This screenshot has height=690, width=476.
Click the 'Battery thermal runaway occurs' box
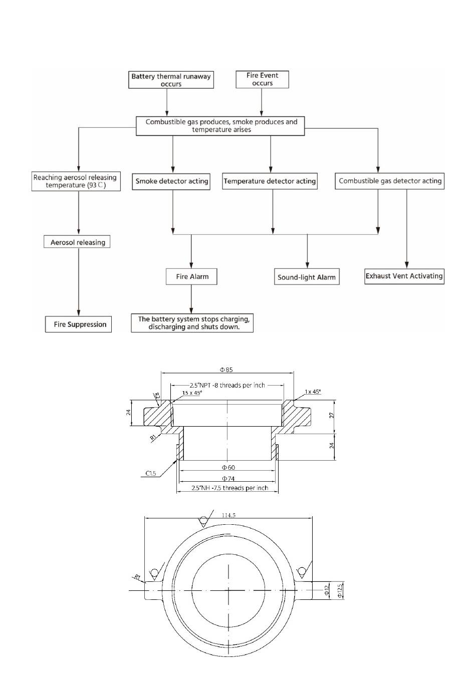click(x=171, y=80)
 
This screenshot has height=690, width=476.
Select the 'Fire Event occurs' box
click(x=262, y=80)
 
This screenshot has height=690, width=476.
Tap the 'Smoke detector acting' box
click(x=171, y=181)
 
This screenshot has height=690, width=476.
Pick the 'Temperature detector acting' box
click(x=270, y=181)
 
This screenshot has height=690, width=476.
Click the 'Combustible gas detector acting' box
click(x=390, y=181)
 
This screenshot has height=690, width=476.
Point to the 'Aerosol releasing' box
click(x=77, y=242)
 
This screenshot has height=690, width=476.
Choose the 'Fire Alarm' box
click(x=191, y=276)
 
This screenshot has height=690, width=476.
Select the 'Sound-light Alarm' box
click(x=307, y=277)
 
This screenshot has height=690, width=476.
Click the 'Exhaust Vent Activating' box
click(x=404, y=276)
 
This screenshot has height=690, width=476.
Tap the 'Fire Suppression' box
click(x=78, y=324)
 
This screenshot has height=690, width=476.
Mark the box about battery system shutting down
click(x=192, y=323)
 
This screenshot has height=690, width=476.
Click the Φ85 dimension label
click(x=226, y=370)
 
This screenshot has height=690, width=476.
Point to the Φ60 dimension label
click(x=228, y=468)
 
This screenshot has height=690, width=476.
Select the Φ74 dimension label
click(x=228, y=478)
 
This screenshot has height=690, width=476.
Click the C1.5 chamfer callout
click(x=151, y=474)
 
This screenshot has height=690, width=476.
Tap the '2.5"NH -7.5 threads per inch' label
click(x=229, y=488)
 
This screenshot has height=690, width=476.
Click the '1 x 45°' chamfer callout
click(x=313, y=392)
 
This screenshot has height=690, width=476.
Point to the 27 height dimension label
click(x=332, y=415)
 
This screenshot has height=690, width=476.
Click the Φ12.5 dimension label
click(x=340, y=590)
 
